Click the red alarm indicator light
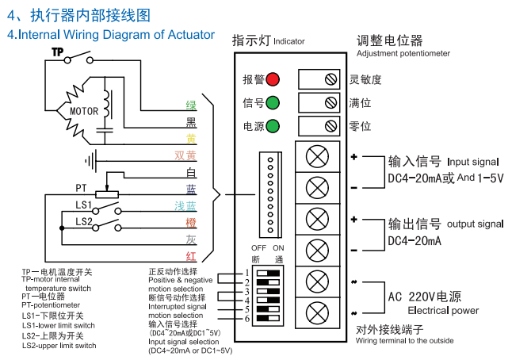point(272,79)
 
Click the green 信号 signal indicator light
point(272,102)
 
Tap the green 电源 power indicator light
point(272,126)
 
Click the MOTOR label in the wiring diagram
point(84,112)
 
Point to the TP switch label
point(57,52)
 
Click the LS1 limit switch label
point(84,205)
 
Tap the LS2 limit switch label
point(84,221)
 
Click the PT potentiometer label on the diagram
point(81,188)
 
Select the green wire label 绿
point(191,105)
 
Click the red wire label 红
point(191,255)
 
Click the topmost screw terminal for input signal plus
point(317,156)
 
